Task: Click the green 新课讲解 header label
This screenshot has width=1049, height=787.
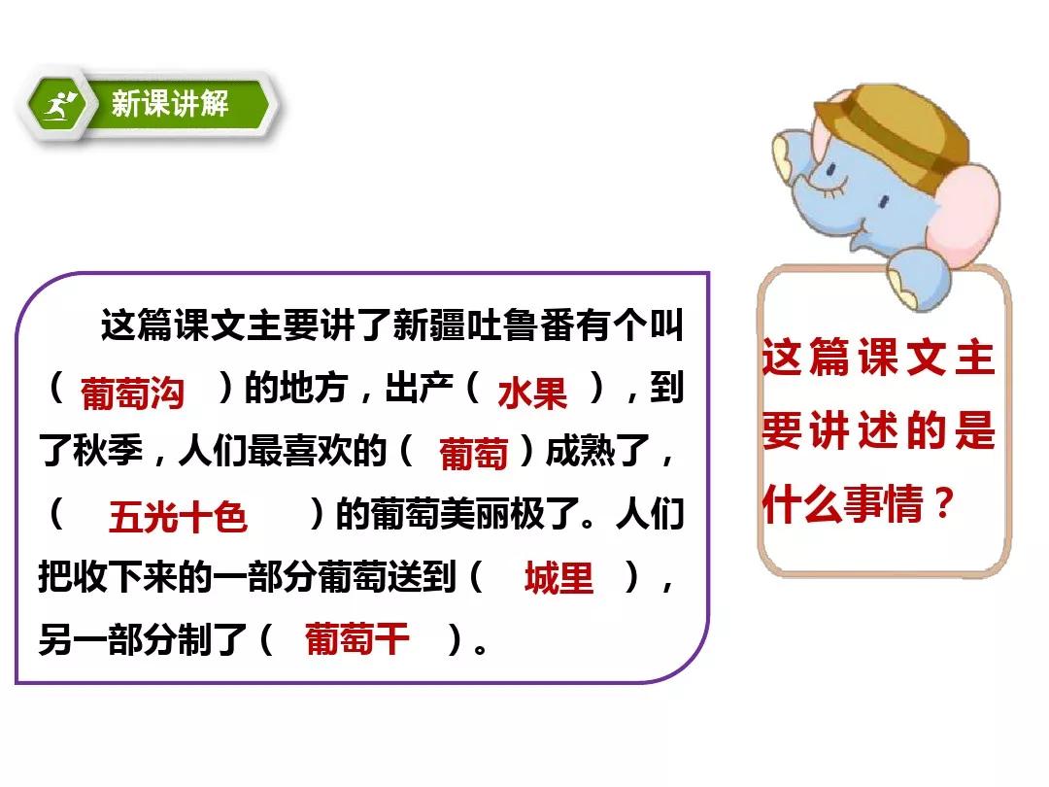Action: pyautogui.click(x=170, y=104)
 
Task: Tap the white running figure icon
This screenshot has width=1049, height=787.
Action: pyautogui.click(x=60, y=105)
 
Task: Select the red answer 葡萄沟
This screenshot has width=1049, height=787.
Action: pyautogui.click(x=132, y=393)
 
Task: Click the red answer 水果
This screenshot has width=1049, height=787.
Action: pyautogui.click(x=532, y=393)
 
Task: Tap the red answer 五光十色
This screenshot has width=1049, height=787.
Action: pyautogui.click(x=178, y=517)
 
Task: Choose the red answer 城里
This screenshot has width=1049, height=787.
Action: pyautogui.click(x=558, y=578)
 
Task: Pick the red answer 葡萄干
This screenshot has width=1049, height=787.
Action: pyautogui.click(x=356, y=639)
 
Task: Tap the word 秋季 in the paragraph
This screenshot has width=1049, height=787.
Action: pyautogui.click(x=108, y=450)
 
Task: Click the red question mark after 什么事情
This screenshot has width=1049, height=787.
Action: pyautogui.click(x=943, y=502)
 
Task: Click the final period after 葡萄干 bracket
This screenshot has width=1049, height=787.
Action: pyautogui.click(x=481, y=648)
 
